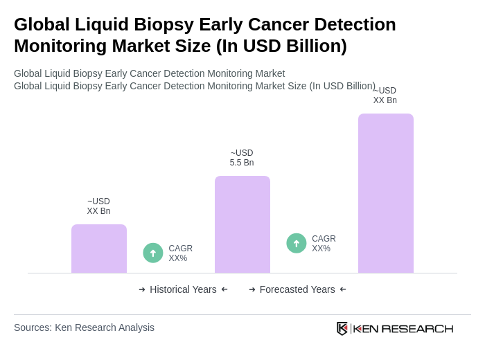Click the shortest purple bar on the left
(99, 249)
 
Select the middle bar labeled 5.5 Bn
(242, 224)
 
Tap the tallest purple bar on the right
(386, 193)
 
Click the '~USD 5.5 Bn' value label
(242, 158)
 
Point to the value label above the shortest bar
(98, 206)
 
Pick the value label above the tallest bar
(385, 96)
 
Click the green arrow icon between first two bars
(153, 253)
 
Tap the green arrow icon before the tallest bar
(297, 243)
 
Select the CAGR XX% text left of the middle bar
(181, 253)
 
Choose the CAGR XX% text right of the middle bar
(324, 244)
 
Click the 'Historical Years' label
(183, 289)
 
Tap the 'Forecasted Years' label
(297, 289)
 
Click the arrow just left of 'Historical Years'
(142, 289)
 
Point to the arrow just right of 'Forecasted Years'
(343, 289)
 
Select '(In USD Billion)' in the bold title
(281, 46)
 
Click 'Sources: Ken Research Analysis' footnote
(84, 327)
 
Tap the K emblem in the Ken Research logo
(342, 328)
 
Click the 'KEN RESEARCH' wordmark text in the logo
(403, 328)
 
